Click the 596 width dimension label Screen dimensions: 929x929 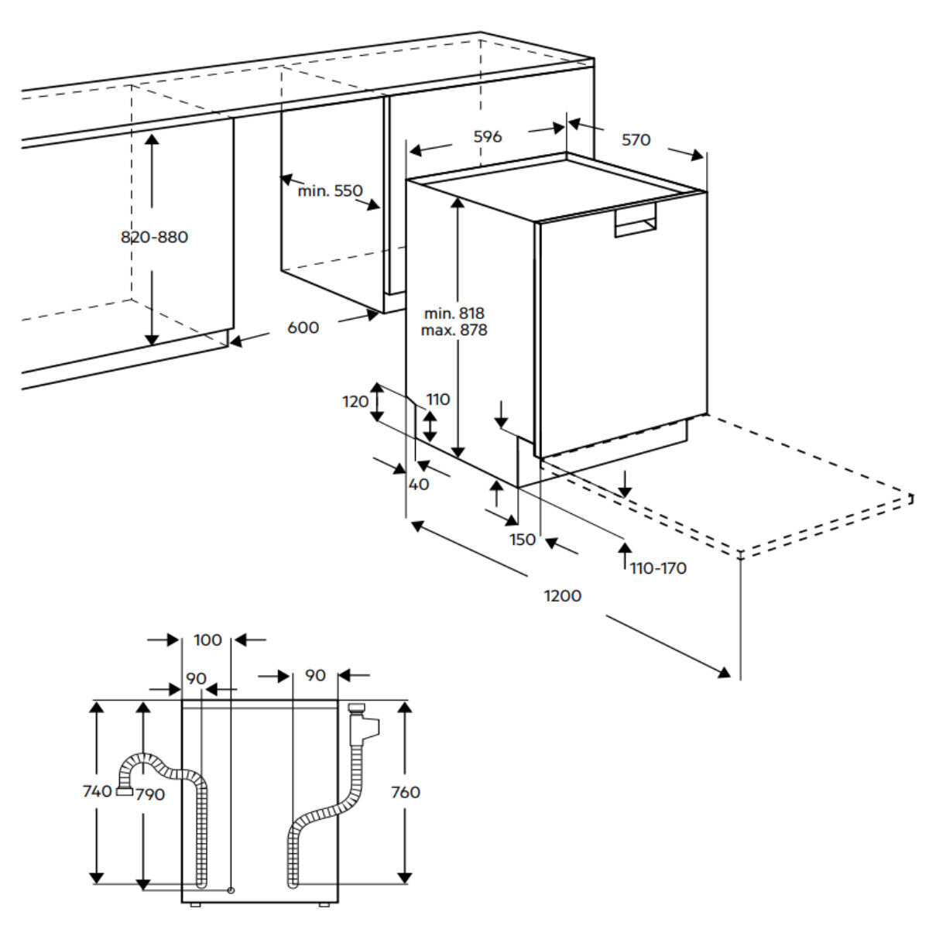[x=488, y=137]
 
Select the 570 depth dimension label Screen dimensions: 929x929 [x=636, y=140]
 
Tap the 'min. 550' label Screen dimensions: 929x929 [x=330, y=190]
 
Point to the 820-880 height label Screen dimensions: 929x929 [x=154, y=237]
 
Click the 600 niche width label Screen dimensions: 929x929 [x=303, y=327]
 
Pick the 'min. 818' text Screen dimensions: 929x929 [x=454, y=313]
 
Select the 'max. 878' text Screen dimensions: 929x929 [x=454, y=330]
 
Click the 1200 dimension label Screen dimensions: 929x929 [x=563, y=595]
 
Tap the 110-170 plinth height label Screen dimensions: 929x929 [x=658, y=568]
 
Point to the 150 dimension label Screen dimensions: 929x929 [x=523, y=539]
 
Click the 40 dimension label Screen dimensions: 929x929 [x=418, y=485]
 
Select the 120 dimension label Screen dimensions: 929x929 [x=356, y=401]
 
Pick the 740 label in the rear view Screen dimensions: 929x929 [x=98, y=791]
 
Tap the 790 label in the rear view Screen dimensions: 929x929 [x=149, y=794]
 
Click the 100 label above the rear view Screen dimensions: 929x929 [x=207, y=640]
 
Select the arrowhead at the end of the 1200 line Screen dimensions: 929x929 [x=725, y=673]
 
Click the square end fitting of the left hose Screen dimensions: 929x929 [x=124, y=791]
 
